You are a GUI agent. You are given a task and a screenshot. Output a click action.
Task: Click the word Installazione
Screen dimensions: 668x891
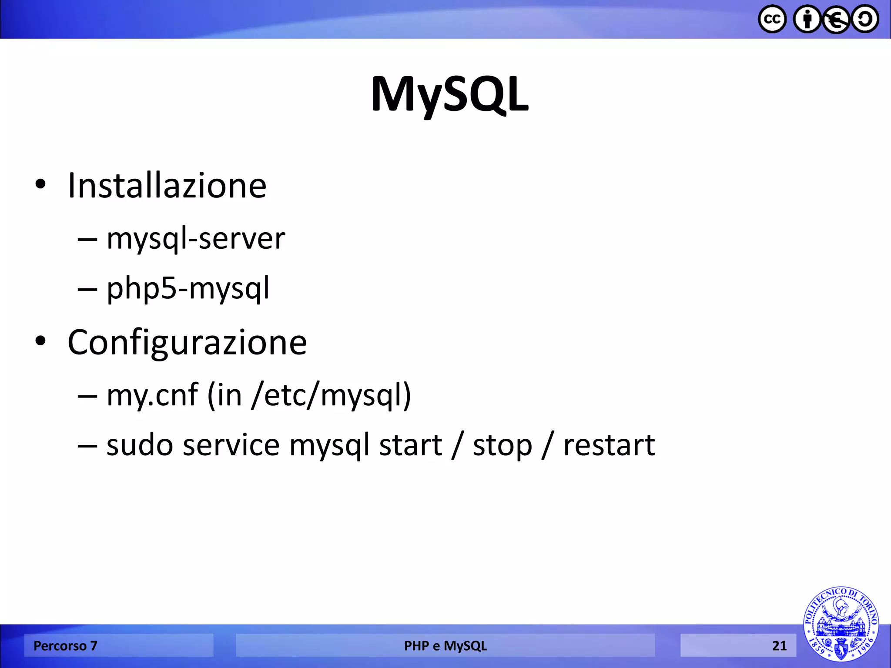coord(167,186)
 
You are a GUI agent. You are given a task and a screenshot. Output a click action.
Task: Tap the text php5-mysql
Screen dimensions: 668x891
coord(188,288)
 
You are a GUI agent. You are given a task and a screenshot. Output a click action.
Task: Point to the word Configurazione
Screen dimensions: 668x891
coord(187,342)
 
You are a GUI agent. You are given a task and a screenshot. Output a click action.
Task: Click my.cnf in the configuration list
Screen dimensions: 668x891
coord(152,395)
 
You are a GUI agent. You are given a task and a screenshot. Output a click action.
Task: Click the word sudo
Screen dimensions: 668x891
coord(140,445)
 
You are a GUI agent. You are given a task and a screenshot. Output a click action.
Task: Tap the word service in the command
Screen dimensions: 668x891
coord(231,445)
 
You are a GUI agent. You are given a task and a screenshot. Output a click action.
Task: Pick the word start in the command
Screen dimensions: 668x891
coord(410,445)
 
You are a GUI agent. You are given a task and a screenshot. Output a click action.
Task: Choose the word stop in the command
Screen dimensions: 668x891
coord(502,445)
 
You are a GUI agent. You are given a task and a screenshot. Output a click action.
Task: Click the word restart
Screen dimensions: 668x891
coord(609,445)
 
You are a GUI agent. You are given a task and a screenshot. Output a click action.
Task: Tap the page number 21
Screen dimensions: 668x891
coord(779,646)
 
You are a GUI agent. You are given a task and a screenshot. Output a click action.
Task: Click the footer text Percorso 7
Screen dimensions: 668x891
coord(65,646)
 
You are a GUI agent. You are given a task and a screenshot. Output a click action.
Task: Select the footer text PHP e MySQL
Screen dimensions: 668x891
coord(445,646)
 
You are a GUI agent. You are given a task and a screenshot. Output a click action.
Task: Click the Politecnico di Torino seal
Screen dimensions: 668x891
coord(841,625)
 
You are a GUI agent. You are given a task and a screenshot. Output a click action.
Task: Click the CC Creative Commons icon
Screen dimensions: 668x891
coord(772,19)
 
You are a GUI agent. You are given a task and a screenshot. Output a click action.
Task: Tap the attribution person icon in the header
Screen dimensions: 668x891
coord(807,19)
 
